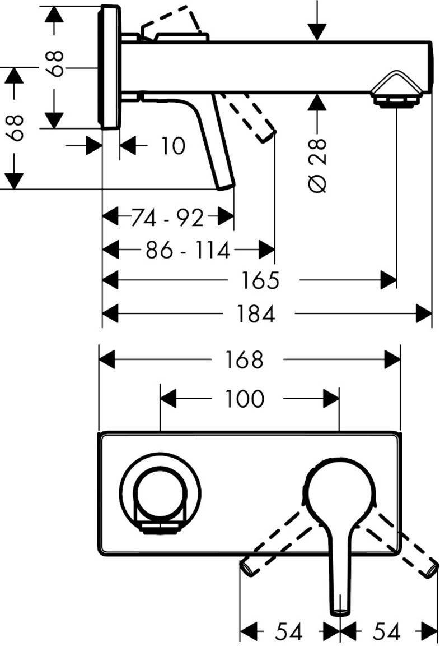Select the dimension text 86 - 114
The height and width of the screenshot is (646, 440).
point(188,250)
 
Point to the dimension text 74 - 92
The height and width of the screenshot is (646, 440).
point(167,217)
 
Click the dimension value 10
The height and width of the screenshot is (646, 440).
point(173,146)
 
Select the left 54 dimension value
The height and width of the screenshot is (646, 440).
point(288,632)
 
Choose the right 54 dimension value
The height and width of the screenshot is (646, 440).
point(386,632)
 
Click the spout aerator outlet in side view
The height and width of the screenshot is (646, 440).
point(396,100)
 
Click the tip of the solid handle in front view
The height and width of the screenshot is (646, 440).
point(340,610)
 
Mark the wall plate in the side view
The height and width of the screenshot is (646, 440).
point(110,67)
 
